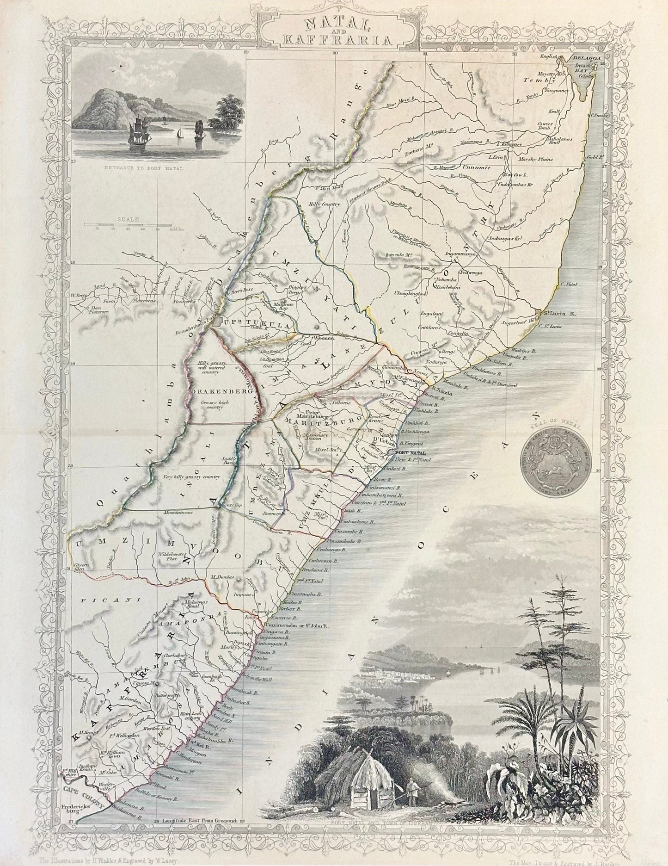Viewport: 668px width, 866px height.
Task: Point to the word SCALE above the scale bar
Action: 125,221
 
